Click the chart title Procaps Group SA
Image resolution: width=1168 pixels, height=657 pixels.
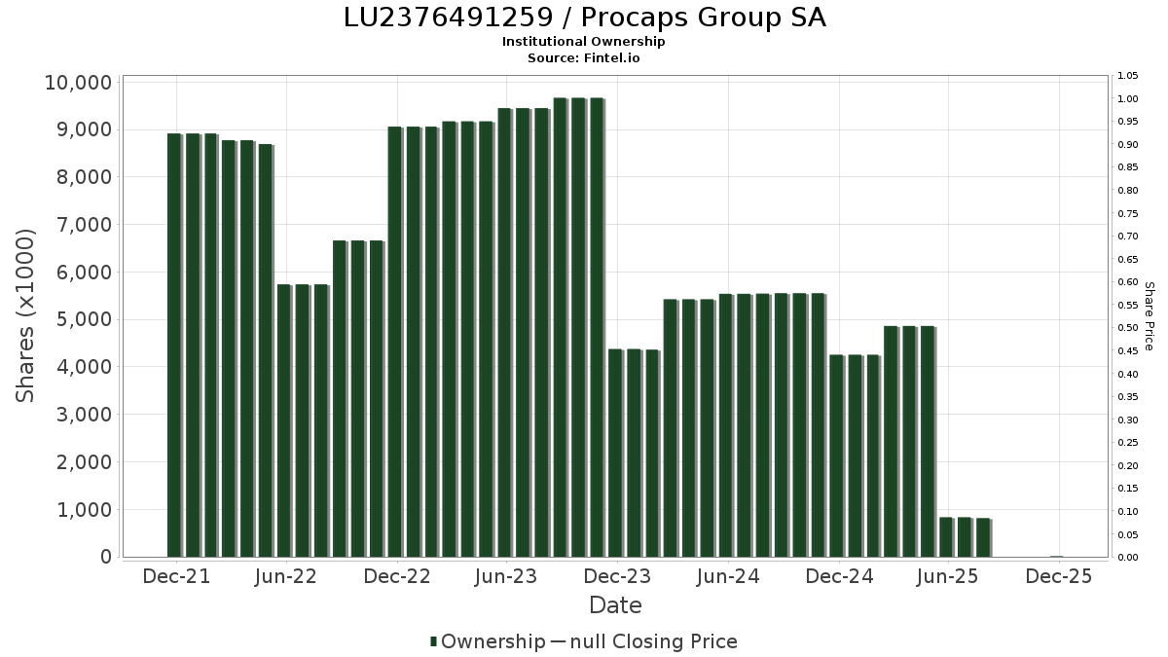pyautogui.click(x=584, y=18)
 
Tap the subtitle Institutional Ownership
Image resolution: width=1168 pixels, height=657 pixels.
pyautogui.click(x=584, y=42)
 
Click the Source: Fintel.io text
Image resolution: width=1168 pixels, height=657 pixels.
pyautogui.click(x=584, y=57)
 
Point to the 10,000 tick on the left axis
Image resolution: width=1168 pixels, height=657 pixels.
pyautogui.click(x=78, y=83)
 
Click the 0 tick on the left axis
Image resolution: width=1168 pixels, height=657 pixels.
pyautogui.click(x=105, y=557)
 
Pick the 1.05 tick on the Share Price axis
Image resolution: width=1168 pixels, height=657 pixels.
pyautogui.click(x=1128, y=76)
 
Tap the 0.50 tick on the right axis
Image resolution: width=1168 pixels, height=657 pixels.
pyautogui.click(x=1128, y=328)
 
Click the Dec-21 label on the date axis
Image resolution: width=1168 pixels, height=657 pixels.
pyautogui.click(x=176, y=577)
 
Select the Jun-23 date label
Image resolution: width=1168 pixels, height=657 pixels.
pyautogui.click(x=505, y=577)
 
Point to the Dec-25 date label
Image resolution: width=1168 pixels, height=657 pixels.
pyautogui.click(x=1059, y=577)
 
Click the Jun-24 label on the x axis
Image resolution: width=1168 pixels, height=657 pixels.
pyautogui.click(x=728, y=577)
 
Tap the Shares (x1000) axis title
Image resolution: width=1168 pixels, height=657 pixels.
pyautogui.click(x=26, y=315)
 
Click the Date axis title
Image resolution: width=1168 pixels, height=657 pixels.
pyautogui.click(x=615, y=605)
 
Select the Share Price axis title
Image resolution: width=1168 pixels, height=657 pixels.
pyautogui.click(x=1149, y=315)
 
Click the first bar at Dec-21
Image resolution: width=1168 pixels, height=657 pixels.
pyautogui.click(x=174, y=345)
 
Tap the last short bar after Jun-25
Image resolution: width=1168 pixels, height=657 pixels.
pyautogui.click(x=983, y=537)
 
